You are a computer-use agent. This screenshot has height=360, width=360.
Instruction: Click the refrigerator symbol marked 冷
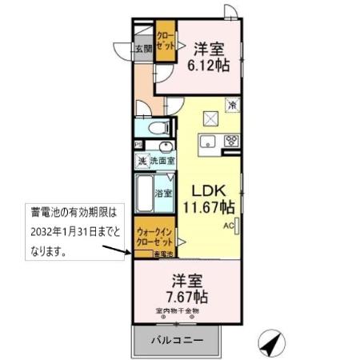[x=232, y=104]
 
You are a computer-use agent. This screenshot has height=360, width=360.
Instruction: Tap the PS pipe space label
[x=138, y=144]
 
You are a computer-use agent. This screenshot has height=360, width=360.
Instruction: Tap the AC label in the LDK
[x=228, y=226]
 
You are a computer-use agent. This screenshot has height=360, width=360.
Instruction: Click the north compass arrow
[x=271, y=344]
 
